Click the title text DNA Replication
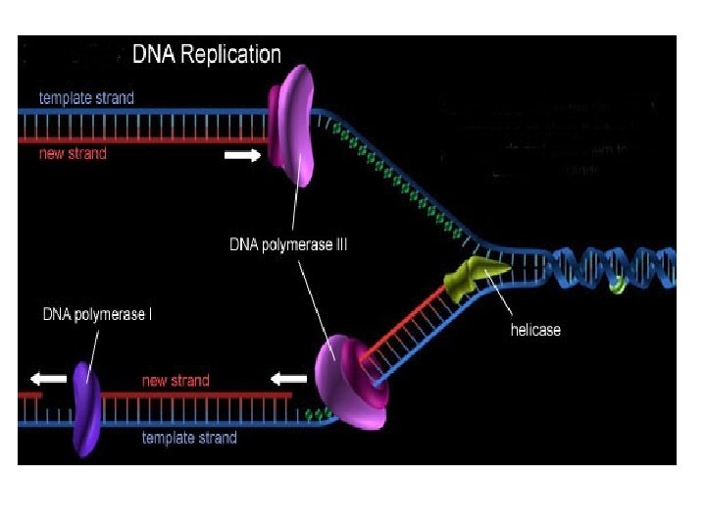[207, 55]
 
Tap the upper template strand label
[86, 98]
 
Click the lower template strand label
[189, 438]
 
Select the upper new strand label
[73, 154]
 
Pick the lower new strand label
[176, 381]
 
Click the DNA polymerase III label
[281, 244]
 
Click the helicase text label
[535, 330]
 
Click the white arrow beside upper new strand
[241, 154]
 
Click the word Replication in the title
[232, 55]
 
